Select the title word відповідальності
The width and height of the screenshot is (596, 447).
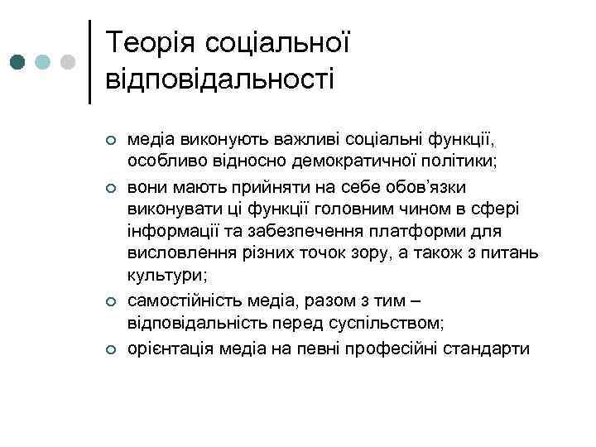(x=220, y=80)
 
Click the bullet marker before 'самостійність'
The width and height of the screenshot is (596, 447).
(x=110, y=305)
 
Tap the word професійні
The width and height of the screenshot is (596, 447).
(x=396, y=348)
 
